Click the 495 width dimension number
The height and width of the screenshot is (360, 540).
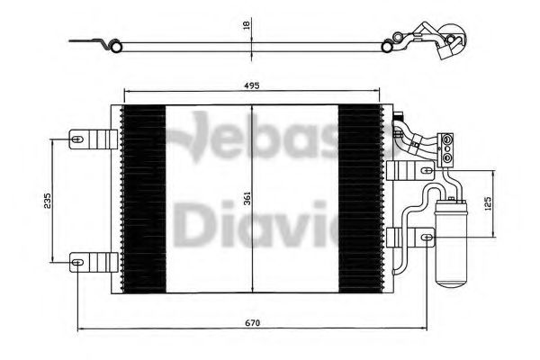(x=251, y=85)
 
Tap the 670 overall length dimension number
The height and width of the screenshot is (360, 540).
(x=255, y=322)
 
